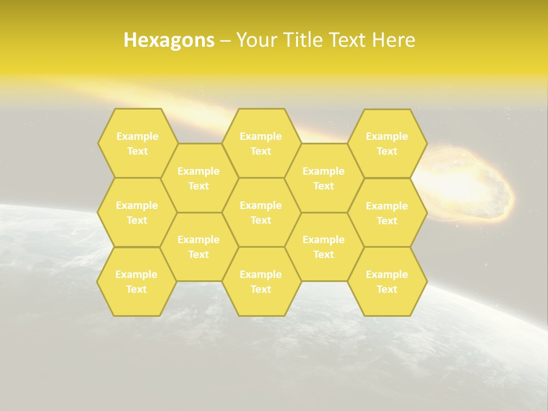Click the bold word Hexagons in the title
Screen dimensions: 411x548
pyautogui.click(x=169, y=40)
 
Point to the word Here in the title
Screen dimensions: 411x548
pyautogui.click(x=394, y=40)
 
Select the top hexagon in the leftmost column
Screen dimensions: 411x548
pyautogui.click(x=137, y=143)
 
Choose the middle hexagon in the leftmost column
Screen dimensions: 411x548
pyautogui.click(x=137, y=212)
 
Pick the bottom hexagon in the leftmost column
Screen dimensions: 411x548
pyautogui.click(x=136, y=281)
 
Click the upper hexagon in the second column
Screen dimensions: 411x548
pyautogui.click(x=199, y=178)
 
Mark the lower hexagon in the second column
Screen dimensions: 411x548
pyautogui.click(x=199, y=247)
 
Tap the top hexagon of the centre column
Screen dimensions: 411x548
pyautogui.click(x=261, y=143)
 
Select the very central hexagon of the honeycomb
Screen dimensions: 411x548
pyautogui.click(x=261, y=212)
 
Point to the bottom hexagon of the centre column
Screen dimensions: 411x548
pyautogui.click(x=261, y=281)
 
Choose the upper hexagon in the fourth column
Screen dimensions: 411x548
pyautogui.click(x=324, y=178)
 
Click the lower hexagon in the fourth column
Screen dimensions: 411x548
pyautogui.click(x=324, y=247)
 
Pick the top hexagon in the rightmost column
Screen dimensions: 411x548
pyautogui.click(x=387, y=143)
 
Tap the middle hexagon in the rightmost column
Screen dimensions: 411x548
pyautogui.click(x=387, y=213)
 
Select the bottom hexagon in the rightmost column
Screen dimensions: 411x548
pyautogui.click(x=387, y=281)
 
